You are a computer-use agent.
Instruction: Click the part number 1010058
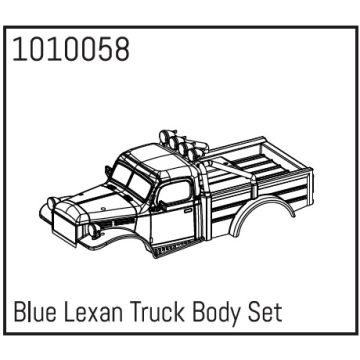[x=68, y=51]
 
